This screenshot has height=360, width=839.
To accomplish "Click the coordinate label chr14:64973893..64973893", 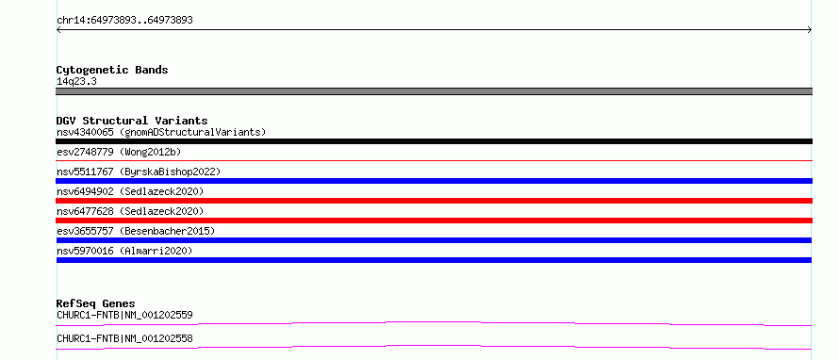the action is pyautogui.click(x=124, y=21).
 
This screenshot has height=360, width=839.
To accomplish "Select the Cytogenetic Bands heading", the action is pyautogui.click(x=112, y=70).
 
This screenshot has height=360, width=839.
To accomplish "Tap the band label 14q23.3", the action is pyautogui.click(x=76, y=82).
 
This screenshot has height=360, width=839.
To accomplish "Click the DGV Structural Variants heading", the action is pyautogui.click(x=132, y=121).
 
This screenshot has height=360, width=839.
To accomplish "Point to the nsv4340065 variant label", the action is pyautogui.click(x=85, y=132).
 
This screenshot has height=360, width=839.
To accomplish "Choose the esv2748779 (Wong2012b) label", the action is pyautogui.click(x=119, y=152).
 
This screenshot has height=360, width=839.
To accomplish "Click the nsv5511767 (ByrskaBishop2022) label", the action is pyautogui.click(x=139, y=172).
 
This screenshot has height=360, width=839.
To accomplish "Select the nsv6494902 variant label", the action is pyautogui.click(x=85, y=191).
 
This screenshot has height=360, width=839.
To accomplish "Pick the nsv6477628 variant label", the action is pyautogui.click(x=85, y=211).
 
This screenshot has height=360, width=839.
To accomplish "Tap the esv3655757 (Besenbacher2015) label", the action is pyautogui.click(x=136, y=231).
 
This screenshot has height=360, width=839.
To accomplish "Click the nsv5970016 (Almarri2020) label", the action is pyautogui.click(x=124, y=251).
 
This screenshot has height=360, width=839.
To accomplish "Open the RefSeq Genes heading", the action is pyautogui.click(x=96, y=303).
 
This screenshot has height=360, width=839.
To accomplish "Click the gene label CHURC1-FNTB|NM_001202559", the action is pyautogui.click(x=124, y=315).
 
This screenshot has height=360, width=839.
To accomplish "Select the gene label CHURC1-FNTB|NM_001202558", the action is pyautogui.click(x=124, y=338).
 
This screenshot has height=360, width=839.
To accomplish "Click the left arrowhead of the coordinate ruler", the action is pyautogui.click(x=57, y=30).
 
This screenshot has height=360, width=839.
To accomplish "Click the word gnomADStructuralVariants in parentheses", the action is pyautogui.click(x=192, y=132).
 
